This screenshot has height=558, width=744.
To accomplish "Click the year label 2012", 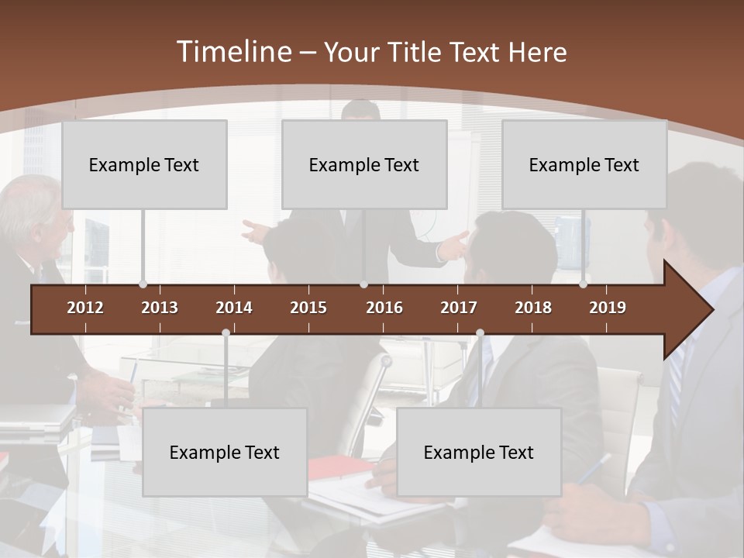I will (x=85, y=308).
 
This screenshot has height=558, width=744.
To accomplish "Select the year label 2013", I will (x=160, y=308).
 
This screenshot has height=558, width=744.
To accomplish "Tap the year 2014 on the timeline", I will (x=234, y=308).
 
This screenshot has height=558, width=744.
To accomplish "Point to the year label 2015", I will (x=308, y=308).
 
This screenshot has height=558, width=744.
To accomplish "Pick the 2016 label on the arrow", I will (x=384, y=308).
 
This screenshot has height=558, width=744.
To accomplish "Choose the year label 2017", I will (x=459, y=308).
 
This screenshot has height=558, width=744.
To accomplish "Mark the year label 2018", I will (x=533, y=308).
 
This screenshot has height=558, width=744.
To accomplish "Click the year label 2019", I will (x=608, y=308).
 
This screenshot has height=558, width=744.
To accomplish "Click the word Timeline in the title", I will (x=233, y=52).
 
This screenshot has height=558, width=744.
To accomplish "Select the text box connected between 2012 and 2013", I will (x=144, y=164).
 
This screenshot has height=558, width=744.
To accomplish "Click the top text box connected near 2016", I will (x=364, y=164).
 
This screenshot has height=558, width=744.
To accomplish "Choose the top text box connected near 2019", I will (x=584, y=164).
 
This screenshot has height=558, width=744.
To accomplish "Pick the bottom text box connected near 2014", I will (x=225, y=452).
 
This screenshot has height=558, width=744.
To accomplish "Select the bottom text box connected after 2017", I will (x=479, y=452).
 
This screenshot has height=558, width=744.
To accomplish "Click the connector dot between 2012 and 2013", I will (x=143, y=284).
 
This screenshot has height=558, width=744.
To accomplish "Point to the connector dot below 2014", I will (x=226, y=333).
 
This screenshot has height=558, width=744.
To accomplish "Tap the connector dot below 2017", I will (x=480, y=333).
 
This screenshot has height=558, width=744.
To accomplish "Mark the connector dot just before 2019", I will (x=584, y=284).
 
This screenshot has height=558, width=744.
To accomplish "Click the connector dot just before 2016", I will (x=363, y=284).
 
